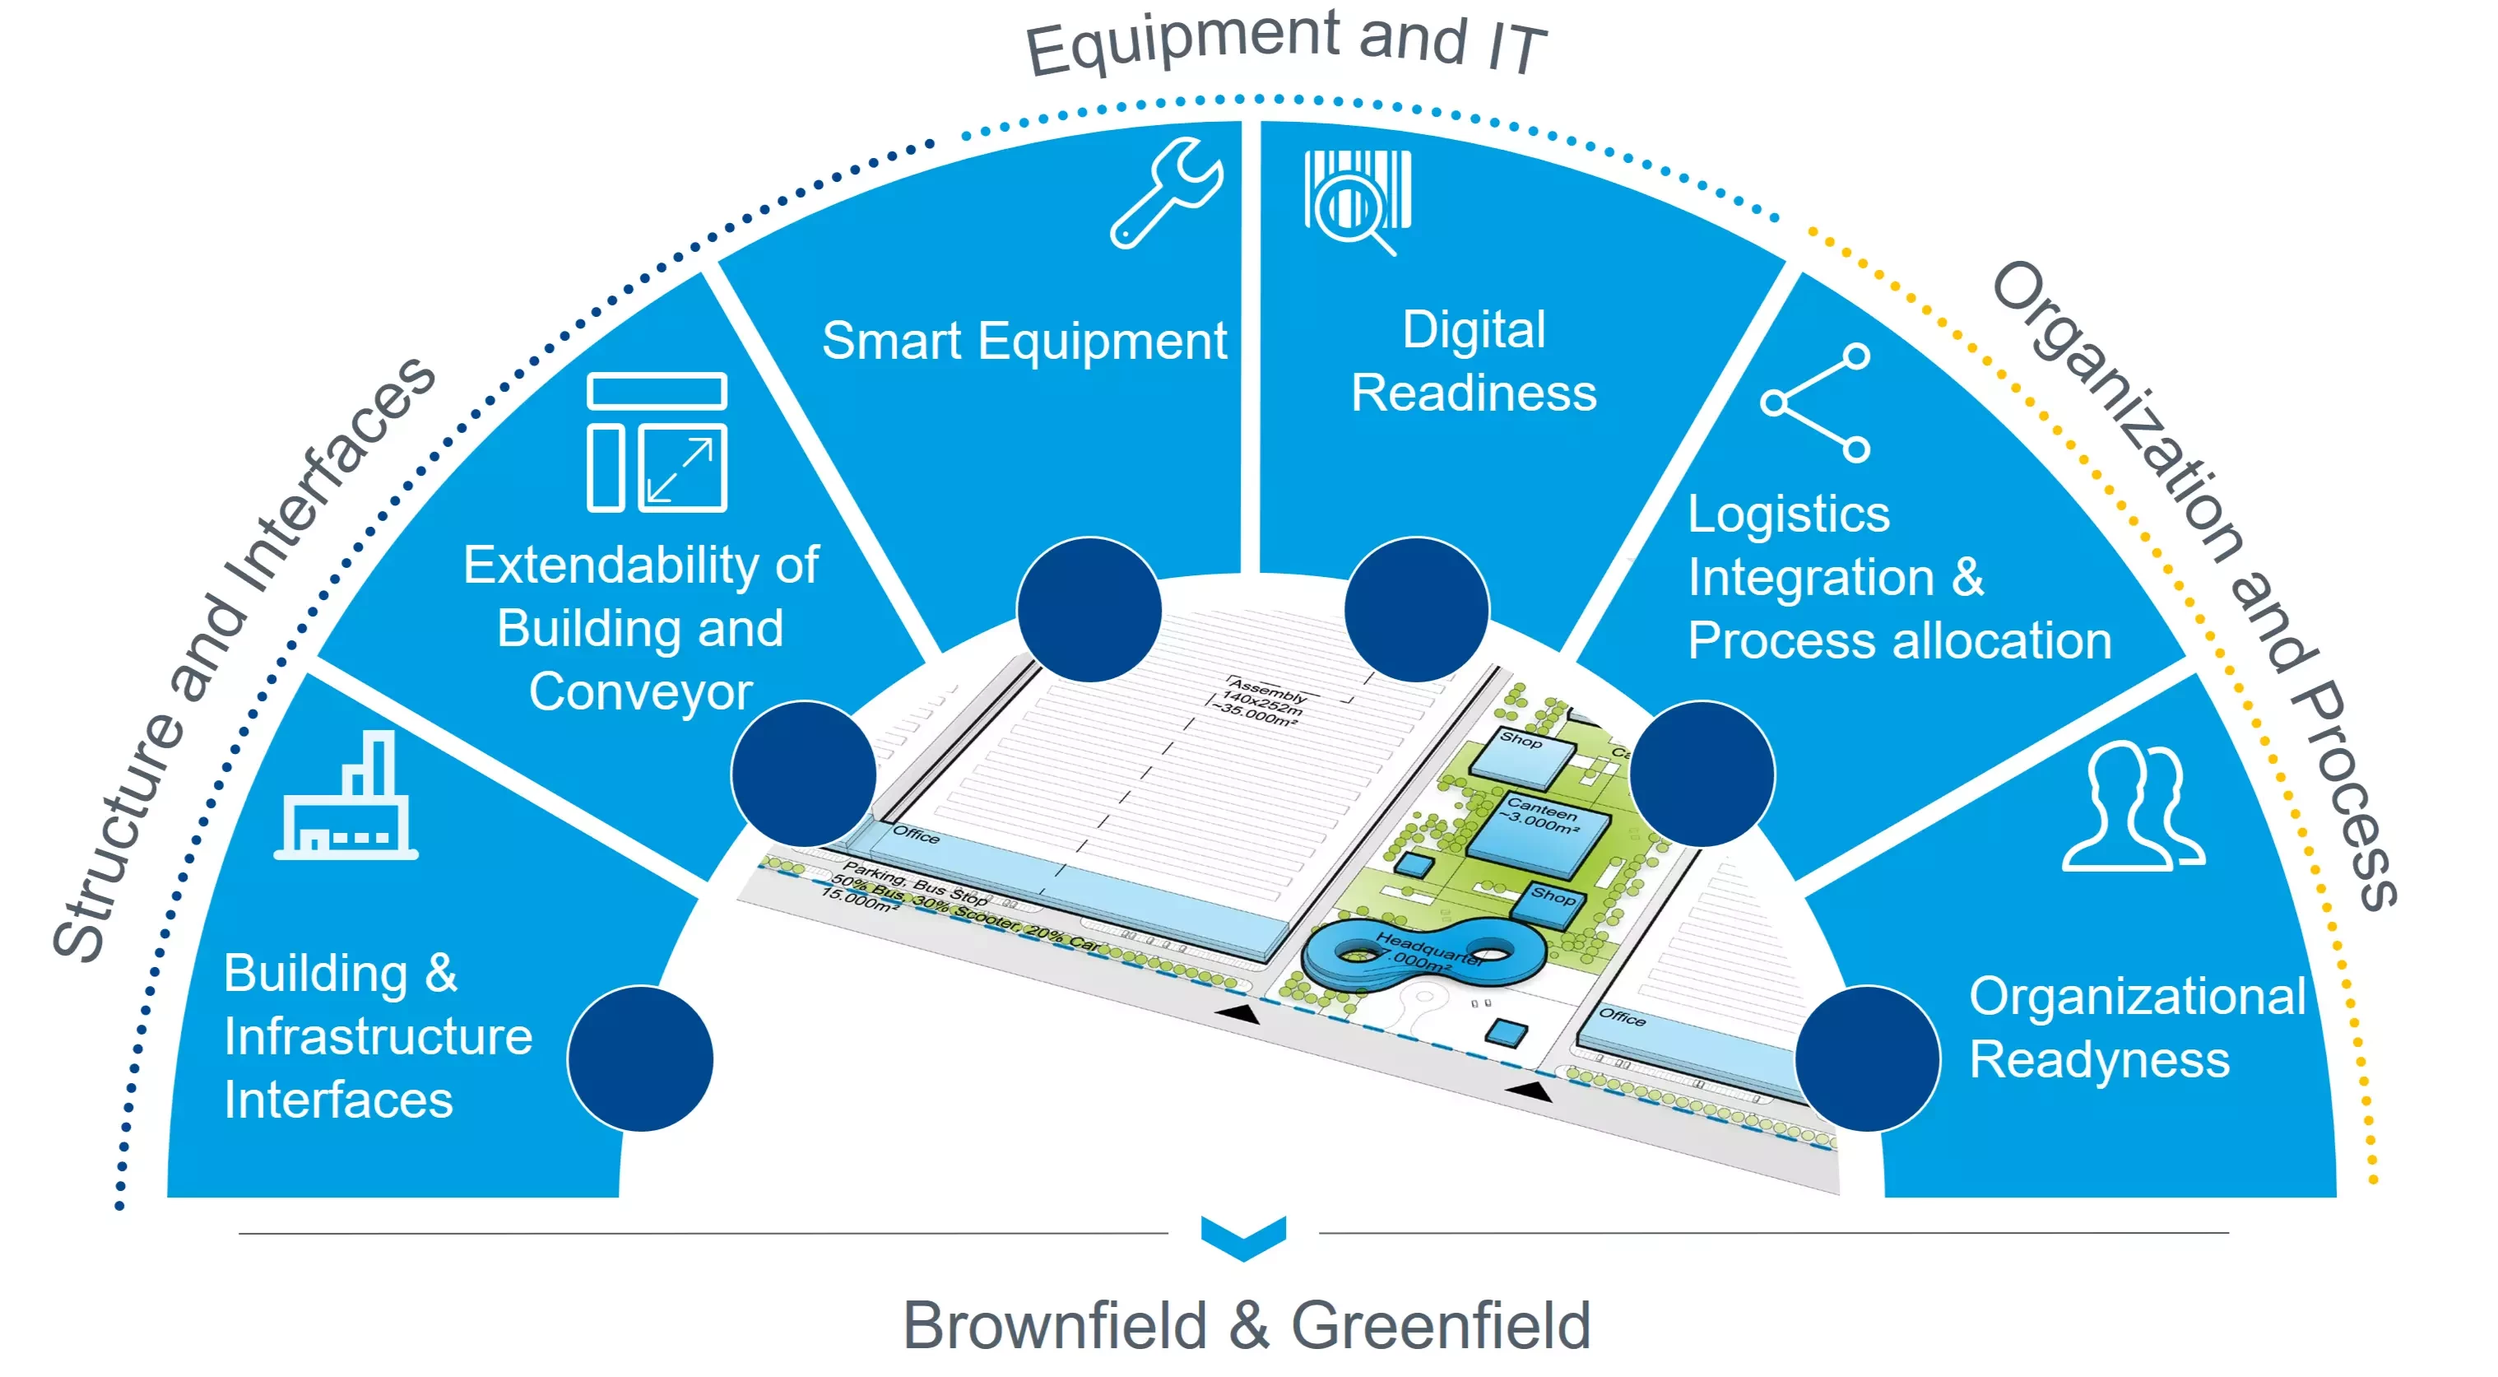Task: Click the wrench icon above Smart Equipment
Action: pyautogui.click(x=1167, y=192)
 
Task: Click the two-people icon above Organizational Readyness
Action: pyautogui.click(x=2134, y=807)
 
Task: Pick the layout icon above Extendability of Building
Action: pyautogui.click(x=657, y=442)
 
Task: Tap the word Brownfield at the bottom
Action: pyautogui.click(x=1055, y=1324)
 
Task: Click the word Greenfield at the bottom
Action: pyautogui.click(x=1441, y=1324)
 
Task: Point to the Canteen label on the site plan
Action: pyautogui.click(x=1542, y=812)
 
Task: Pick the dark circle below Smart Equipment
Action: pyautogui.click(x=1089, y=609)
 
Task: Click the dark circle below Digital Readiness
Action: pyautogui.click(x=1417, y=609)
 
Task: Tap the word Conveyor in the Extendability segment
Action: pyautogui.click(x=640, y=691)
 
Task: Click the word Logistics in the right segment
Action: pyautogui.click(x=1788, y=514)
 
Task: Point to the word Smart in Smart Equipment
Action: pyautogui.click(x=892, y=342)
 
